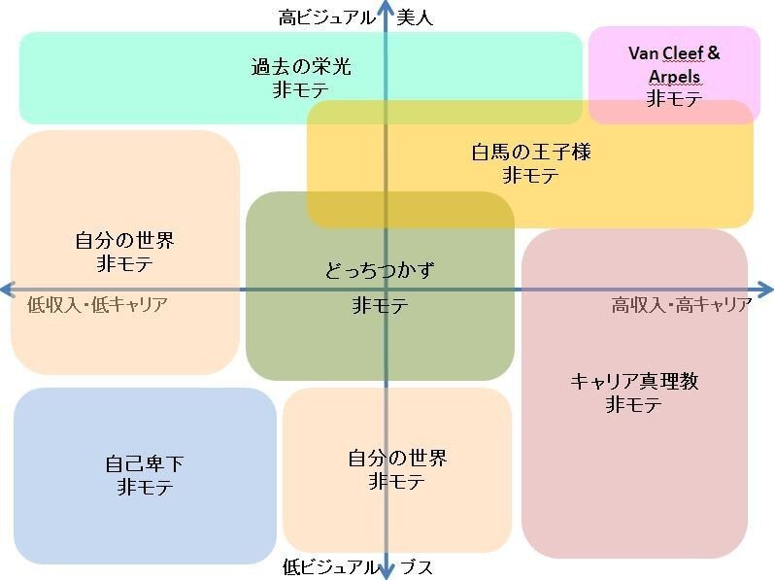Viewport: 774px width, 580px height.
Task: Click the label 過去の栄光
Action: point(301,68)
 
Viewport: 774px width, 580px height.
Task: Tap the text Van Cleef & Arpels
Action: point(674,64)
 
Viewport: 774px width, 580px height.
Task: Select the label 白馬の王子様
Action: point(530,153)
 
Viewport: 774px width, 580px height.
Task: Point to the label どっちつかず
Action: point(379,270)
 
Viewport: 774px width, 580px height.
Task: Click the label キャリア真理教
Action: point(634,382)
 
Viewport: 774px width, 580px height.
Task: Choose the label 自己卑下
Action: point(145,464)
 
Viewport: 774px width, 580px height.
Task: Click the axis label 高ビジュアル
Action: point(326,17)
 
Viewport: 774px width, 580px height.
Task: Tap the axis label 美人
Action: point(415,17)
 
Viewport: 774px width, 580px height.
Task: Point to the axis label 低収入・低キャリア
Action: point(97,305)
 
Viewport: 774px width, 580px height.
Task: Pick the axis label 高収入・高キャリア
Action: point(681,305)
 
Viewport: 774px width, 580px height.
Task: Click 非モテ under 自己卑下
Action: point(145,488)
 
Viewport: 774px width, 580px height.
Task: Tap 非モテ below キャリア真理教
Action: point(634,405)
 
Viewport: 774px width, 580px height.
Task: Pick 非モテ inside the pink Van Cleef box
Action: point(674,98)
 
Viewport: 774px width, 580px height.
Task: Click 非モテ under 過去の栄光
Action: point(301,91)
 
